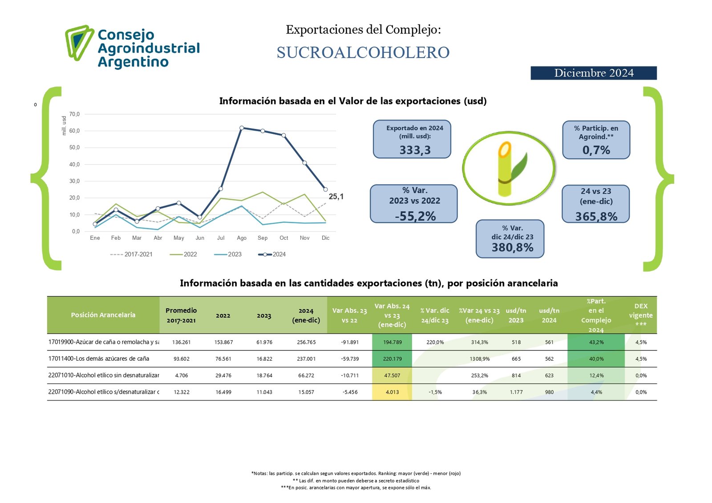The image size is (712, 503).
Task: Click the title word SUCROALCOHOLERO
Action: click(363, 52)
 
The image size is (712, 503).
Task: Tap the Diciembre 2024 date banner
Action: click(593, 73)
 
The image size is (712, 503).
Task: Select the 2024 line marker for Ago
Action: click(242, 128)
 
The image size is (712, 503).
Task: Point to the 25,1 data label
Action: click(336, 197)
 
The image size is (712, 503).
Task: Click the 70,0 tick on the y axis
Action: click(74, 114)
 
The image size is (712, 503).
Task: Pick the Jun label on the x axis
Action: click(200, 238)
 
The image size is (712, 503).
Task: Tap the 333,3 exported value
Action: click(415, 150)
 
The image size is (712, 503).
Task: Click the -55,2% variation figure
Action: click(415, 216)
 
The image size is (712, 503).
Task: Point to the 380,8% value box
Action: click(512, 248)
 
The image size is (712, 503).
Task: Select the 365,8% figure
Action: click(596, 217)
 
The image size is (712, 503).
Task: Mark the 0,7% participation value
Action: click(596, 150)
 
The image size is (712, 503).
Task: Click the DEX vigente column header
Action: click(641, 315)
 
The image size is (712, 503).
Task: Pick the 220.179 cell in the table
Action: click(392, 359)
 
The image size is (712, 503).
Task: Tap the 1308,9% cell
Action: click(479, 359)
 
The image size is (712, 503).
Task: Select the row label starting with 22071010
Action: click(103, 375)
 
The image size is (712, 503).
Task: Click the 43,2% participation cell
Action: click(596, 342)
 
